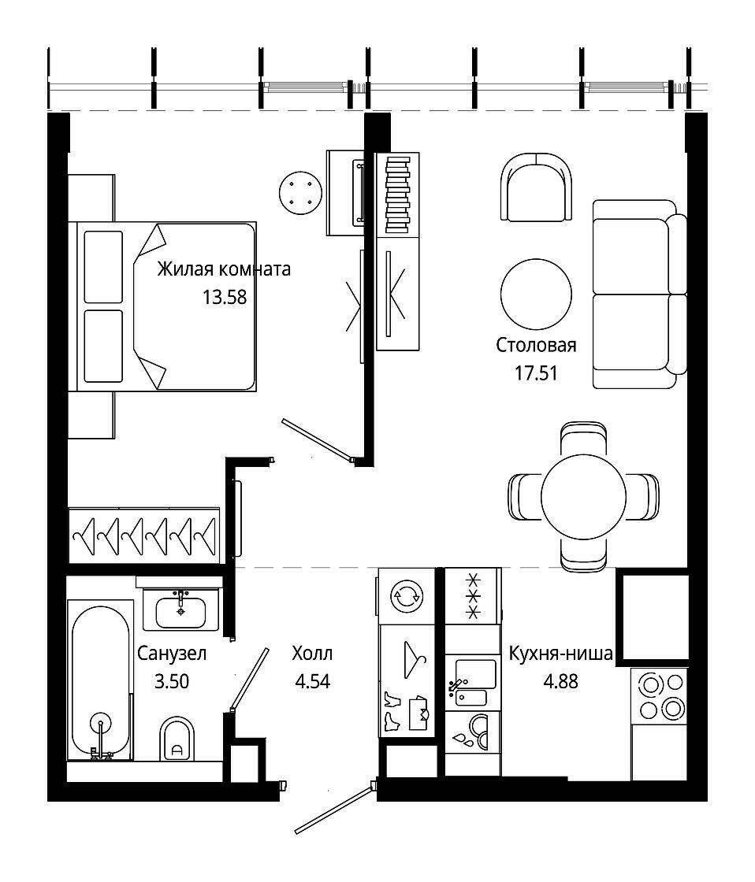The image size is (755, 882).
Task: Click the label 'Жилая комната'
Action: point(224,269)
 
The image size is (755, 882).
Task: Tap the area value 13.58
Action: point(225,297)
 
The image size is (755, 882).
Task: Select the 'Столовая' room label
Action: point(536,345)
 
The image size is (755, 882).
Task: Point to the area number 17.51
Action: point(536,373)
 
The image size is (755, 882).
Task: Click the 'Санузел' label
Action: point(172,654)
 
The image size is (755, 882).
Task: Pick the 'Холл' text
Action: point(312,654)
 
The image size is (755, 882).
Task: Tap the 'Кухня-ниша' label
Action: point(561,654)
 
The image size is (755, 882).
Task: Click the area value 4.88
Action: point(561,682)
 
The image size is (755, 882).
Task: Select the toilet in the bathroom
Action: point(177,739)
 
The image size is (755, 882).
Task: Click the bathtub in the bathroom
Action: point(100,680)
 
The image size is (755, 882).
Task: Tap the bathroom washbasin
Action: point(180,610)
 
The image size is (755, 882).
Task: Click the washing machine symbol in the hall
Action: point(407,596)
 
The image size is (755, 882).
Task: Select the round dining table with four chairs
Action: point(583,497)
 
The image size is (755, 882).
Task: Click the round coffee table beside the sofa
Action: point(536,294)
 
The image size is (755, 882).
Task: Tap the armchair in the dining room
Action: point(536,187)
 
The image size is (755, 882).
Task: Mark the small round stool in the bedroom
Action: point(300,193)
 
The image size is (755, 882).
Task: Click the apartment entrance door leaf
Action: point(334,806)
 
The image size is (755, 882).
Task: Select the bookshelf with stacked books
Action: point(397,195)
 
